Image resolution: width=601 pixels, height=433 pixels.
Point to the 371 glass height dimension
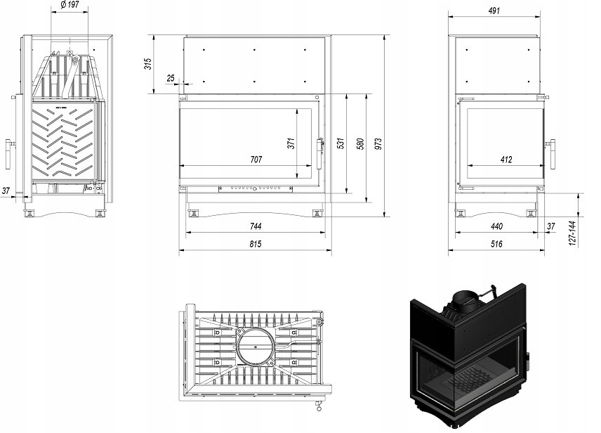coord(291,143)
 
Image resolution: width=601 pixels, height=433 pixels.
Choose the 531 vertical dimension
coord(341,143)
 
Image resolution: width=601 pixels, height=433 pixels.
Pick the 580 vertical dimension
coord(360,143)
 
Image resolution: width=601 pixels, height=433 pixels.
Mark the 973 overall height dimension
coord(379,143)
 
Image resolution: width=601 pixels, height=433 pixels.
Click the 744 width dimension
coord(255,226)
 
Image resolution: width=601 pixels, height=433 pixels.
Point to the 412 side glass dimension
coord(506,160)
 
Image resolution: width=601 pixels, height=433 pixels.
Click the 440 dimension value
coord(497,226)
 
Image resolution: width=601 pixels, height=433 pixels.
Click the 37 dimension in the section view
coord(6,190)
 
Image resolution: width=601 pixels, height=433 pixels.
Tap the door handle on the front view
coord(323,151)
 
